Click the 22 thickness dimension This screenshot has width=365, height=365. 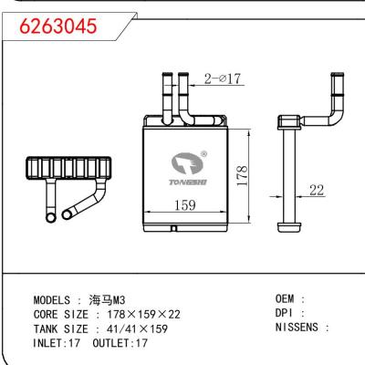point(318,190)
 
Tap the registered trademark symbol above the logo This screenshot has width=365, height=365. point(203,154)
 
